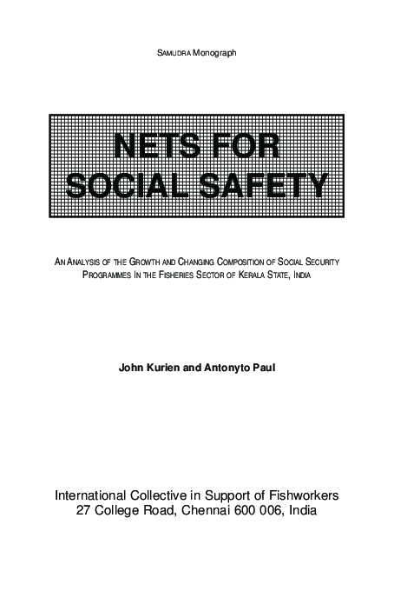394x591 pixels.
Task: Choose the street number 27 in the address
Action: coord(84,510)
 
